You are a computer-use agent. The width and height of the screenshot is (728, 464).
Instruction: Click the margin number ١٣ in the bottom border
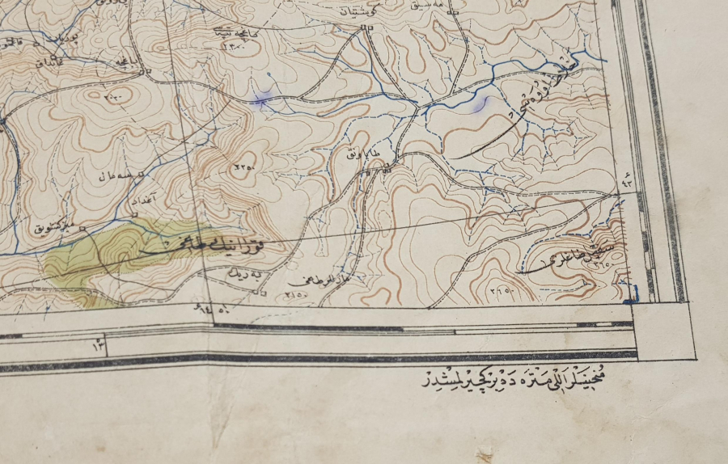(x=99, y=345)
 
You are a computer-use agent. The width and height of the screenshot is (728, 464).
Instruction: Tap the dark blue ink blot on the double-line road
(x=260, y=100)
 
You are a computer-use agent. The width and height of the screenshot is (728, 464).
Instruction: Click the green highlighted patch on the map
(x=97, y=259)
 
